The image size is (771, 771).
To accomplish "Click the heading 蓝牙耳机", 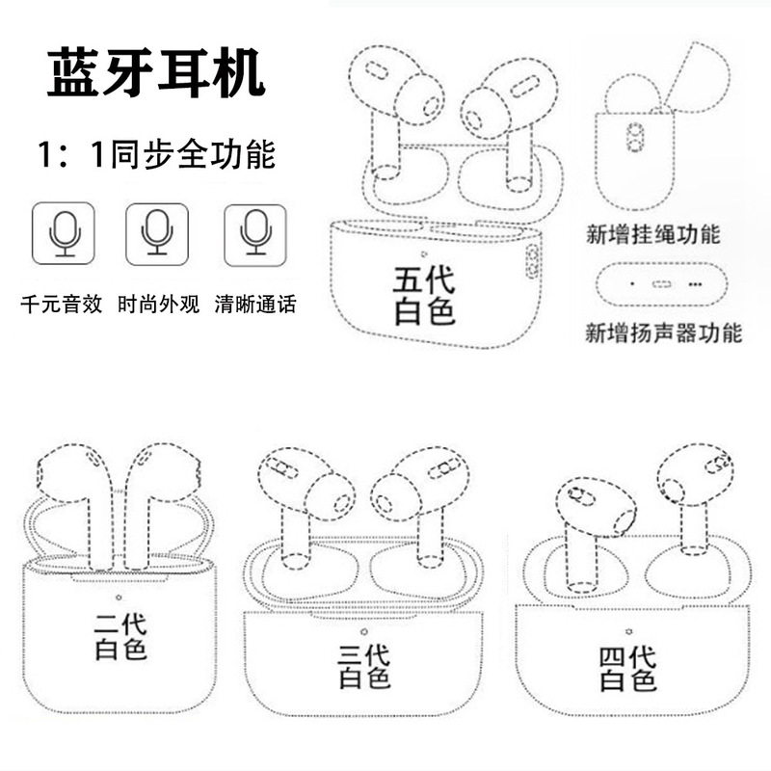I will pos(156,75).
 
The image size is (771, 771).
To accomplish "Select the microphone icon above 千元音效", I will pos(64,234).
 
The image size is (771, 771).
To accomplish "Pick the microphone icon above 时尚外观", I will pos(157,234).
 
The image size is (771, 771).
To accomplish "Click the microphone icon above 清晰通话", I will pos(255,234).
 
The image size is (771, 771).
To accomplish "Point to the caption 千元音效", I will pos(62,306).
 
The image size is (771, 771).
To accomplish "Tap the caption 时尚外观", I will pos(157,306).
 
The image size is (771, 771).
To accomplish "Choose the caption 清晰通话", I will pos(255,306).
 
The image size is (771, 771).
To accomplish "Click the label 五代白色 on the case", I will pos(424,295).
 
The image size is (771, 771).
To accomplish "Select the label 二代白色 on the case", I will pos(121,637).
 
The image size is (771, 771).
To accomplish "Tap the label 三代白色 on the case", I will pos(365,665).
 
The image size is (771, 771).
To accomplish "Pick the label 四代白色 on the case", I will pos(627,669).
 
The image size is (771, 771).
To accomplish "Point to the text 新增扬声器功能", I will pos(664,334).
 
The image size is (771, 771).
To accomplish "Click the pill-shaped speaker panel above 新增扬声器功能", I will pos(660,284).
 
